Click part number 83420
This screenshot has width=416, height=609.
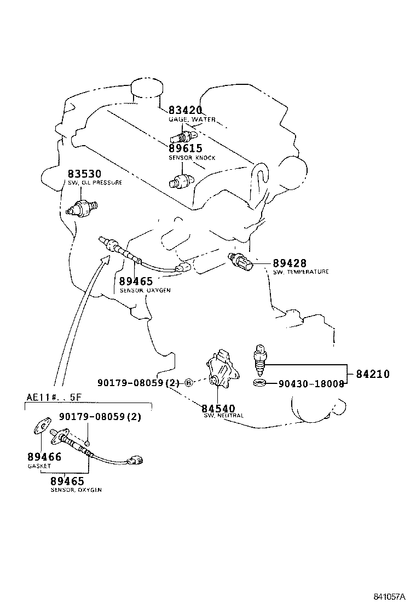click(185, 110)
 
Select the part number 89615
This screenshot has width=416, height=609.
click(185, 148)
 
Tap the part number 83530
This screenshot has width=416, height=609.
click(84, 174)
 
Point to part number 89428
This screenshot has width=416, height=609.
click(290, 263)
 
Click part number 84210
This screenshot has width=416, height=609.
click(372, 375)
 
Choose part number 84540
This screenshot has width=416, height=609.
click(218, 409)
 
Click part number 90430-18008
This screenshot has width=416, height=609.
click(311, 384)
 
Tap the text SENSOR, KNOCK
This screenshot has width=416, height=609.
click(192, 158)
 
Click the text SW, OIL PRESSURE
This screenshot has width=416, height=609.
click(95, 182)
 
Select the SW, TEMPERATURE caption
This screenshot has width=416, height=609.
click(301, 272)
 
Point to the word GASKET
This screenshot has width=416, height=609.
click(39, 466)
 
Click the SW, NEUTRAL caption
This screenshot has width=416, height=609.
click(223, 416)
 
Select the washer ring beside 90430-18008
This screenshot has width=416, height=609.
click(260, 382)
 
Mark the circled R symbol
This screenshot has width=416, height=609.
click(188, 383)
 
